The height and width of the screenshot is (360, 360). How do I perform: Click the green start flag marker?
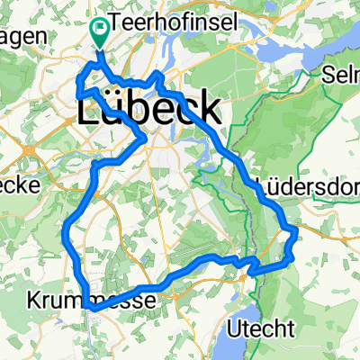[98, 31]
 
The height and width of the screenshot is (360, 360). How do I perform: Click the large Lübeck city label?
[149, 109]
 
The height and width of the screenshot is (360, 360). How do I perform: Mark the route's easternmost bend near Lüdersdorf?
[296, 234]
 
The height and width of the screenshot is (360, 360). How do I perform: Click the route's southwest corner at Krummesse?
[91, 307]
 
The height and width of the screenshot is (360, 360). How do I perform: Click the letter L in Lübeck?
[91, 109]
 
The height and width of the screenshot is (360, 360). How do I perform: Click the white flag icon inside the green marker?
[98, 31]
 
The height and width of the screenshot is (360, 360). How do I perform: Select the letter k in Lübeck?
[208, 109]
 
